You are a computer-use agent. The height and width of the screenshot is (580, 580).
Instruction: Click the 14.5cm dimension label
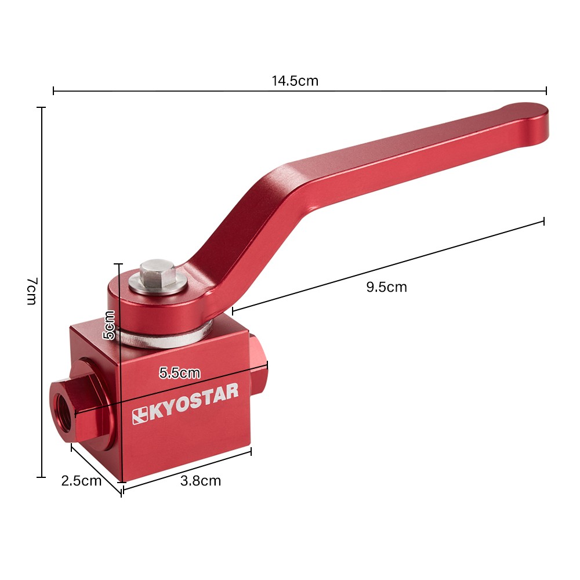tap(295, 81)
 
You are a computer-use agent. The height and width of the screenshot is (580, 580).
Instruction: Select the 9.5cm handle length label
tap(386, 287)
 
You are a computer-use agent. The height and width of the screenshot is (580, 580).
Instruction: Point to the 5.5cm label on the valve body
tap(179, 373)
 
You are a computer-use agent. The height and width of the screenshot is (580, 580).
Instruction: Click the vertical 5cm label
tap(109, 325)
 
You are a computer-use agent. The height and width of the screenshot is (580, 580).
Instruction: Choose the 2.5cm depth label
tap(81, 481)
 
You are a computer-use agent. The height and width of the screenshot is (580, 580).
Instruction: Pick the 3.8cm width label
tap(201, 481)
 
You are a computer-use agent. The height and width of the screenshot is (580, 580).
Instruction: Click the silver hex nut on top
tap(157, 275)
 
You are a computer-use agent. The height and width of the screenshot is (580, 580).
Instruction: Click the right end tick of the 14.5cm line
tap(546, 90)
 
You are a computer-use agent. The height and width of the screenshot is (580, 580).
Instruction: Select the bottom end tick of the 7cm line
tap(41, 477)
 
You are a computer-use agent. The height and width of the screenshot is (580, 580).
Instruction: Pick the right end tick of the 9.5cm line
tap(543, 221)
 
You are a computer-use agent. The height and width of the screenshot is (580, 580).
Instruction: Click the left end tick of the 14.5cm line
tap(53, 90)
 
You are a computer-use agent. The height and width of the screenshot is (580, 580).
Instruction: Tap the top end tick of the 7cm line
tap(41, 108)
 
